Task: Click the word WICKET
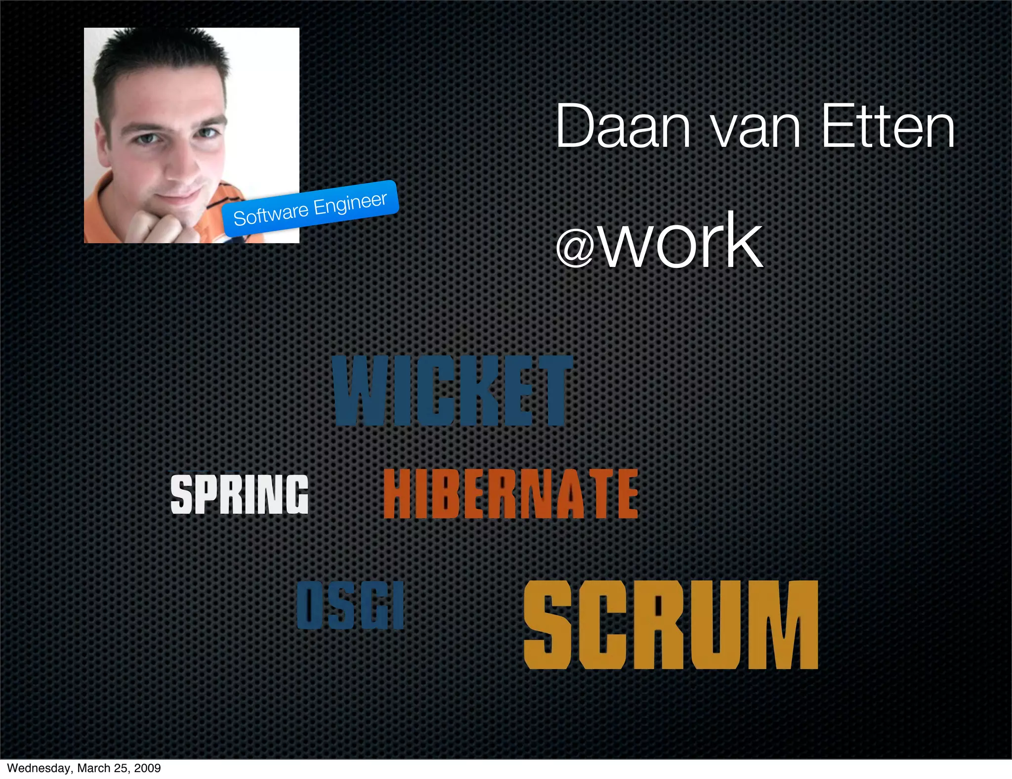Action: (x=452, y=390)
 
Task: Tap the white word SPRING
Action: (x=239, y=494)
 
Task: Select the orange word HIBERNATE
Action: (x=510, y=494)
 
